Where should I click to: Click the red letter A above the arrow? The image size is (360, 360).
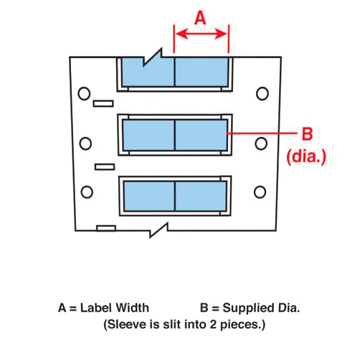[x=200, y=18]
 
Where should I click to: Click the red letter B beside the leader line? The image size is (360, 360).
[x=307, y=134]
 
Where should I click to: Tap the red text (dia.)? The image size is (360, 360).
[x=306, y=157]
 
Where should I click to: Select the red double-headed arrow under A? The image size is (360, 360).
[x=202, y=34]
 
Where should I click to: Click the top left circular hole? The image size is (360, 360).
[x=84, y=93]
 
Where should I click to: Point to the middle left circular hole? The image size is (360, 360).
[x=85, y=143]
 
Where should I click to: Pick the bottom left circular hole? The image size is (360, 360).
[x=87, y=192]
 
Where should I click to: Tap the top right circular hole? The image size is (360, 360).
[x=262, y=93]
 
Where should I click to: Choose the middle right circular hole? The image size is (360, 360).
[x=261, y=143]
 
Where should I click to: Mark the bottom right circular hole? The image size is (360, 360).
[x=260, y=192]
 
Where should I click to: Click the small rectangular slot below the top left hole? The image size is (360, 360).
[x=103, y=103]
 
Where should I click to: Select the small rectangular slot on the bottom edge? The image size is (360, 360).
[x=106, y=228]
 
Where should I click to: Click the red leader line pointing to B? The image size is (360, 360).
[x=262, y=133]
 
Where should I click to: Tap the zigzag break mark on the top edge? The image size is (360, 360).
[x=153, y=57]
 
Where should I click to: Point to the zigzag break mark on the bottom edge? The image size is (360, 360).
[x=158, y=230]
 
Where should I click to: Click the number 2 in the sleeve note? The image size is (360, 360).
[x=213, y=325]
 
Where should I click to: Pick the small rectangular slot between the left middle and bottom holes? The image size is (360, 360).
[x=105, y=167]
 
